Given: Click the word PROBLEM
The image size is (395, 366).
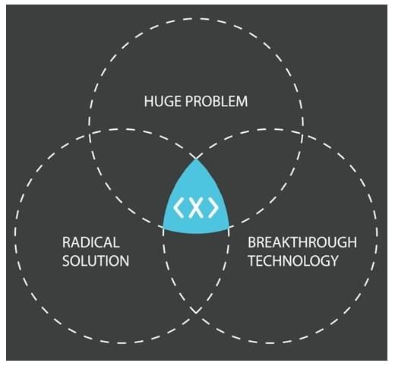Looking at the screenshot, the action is click(x=216, y=101).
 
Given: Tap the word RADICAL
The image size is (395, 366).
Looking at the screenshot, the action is click(x=91, y=242).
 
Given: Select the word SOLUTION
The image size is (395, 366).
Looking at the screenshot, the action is click(x=96, y=260).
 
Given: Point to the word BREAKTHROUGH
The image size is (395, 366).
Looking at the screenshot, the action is click(x=302, y=242).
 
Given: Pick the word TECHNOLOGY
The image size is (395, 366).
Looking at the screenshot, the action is click(x=293, y=260).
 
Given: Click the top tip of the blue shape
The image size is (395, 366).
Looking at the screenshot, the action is click(x=196, y=159).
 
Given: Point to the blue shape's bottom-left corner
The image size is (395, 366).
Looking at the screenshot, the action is click(x=163, y=227).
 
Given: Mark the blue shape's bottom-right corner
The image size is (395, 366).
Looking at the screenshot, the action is click(x=229, y=227).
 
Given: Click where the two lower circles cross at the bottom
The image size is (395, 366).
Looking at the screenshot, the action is click(x=196, y=311).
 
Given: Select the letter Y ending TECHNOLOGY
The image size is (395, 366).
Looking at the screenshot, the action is click(x=334, y=260).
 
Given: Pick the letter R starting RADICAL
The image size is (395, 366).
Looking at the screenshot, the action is click(x=67, y=242).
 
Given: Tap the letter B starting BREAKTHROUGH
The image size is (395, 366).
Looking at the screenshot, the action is click(x=252, y=242).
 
